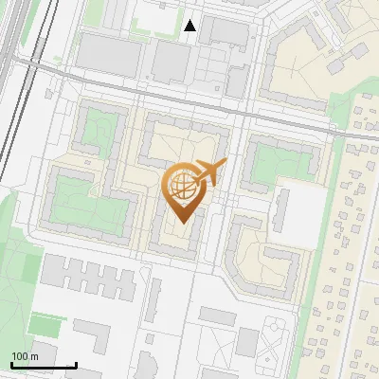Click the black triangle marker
[x=190, y=26]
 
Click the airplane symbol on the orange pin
[x=211, y=173]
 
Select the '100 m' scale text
[x=25, y=356]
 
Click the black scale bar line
[x=44, y=365]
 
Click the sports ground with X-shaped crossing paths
[x=275, y=336]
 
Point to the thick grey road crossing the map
[x=189, y=99]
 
